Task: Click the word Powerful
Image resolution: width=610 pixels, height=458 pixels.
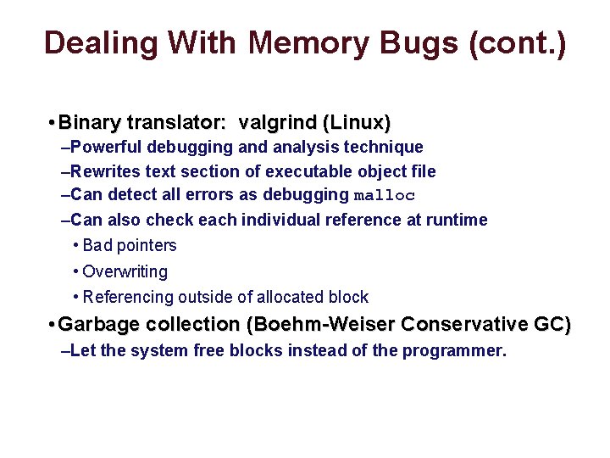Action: pos(106,148)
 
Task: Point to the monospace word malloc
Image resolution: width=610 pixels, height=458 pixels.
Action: pos(384,196)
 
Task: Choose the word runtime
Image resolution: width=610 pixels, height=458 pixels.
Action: pos(459,220)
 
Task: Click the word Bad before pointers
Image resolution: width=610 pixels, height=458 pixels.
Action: pos(97,246)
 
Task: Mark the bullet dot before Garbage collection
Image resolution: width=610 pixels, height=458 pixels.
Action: pos(53,324)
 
